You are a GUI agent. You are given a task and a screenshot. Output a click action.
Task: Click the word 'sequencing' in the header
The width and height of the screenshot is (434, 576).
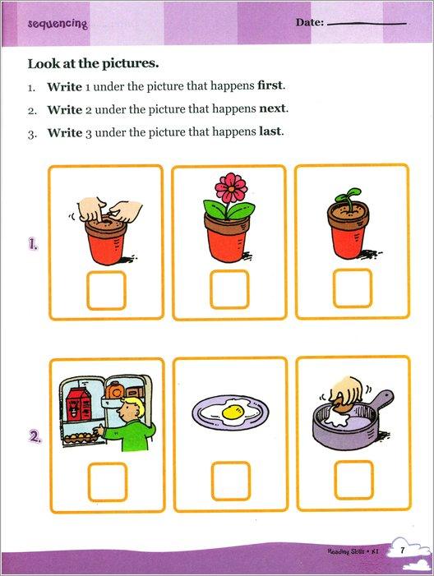tap(58, 24)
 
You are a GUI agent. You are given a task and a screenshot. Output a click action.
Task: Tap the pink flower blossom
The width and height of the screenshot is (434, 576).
tap(231, 188)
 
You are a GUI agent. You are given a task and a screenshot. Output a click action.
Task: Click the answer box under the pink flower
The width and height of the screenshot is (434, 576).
tap(229, 290)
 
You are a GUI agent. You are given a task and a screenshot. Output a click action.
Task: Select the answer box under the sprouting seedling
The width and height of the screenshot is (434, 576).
tap(353, 290)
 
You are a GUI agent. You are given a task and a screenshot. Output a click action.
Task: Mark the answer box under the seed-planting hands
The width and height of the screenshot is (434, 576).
tap(106, 290)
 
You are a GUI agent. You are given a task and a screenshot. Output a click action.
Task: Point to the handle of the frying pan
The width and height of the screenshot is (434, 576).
tap(381, 400)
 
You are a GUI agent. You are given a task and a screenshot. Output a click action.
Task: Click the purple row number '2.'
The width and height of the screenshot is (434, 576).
tap(35, 438)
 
